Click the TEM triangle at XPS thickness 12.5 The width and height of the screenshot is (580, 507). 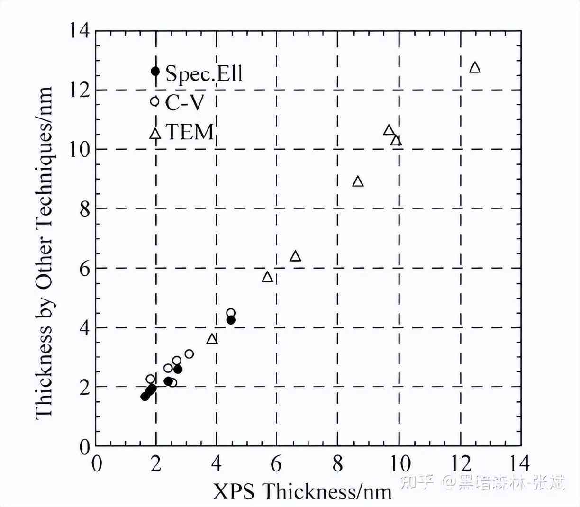pyautogui.click(x=475, y=68)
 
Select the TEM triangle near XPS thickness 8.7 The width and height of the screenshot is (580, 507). pyautogui.click(x=358, y=181)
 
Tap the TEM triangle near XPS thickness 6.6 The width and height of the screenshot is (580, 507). pyautogui.click(x=295, y=256)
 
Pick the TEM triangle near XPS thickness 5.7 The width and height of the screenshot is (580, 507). pyautogui.click(x=267, y=277)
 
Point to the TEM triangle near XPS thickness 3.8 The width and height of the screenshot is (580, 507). pyautogui.click(x=212, y=339)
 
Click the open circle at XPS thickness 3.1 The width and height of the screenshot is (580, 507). pyautogui.click(x=189, y=354)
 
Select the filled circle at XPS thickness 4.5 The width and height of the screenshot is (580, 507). pyautogui.click(x=231, y=320)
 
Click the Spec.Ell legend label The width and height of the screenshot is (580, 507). pyautogui.click(x=204, y=73)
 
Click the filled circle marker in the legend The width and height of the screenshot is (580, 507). pyautogui.click(x=155, y=72)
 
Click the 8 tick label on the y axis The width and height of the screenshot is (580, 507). pyautogui.click(x=84, y=209)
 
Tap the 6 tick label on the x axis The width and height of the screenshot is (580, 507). pyautogui.click(x=277, y=463)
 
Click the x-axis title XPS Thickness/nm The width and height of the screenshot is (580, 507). pyautogui.click(x=302, y=491)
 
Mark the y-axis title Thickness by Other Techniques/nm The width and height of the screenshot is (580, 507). pyautogui.click(x=44, y=252)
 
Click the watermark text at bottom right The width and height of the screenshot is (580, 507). pyautogui.click(x=483, y=482)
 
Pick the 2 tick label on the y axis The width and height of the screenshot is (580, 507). pyautogui.click(x=84, y=387)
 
